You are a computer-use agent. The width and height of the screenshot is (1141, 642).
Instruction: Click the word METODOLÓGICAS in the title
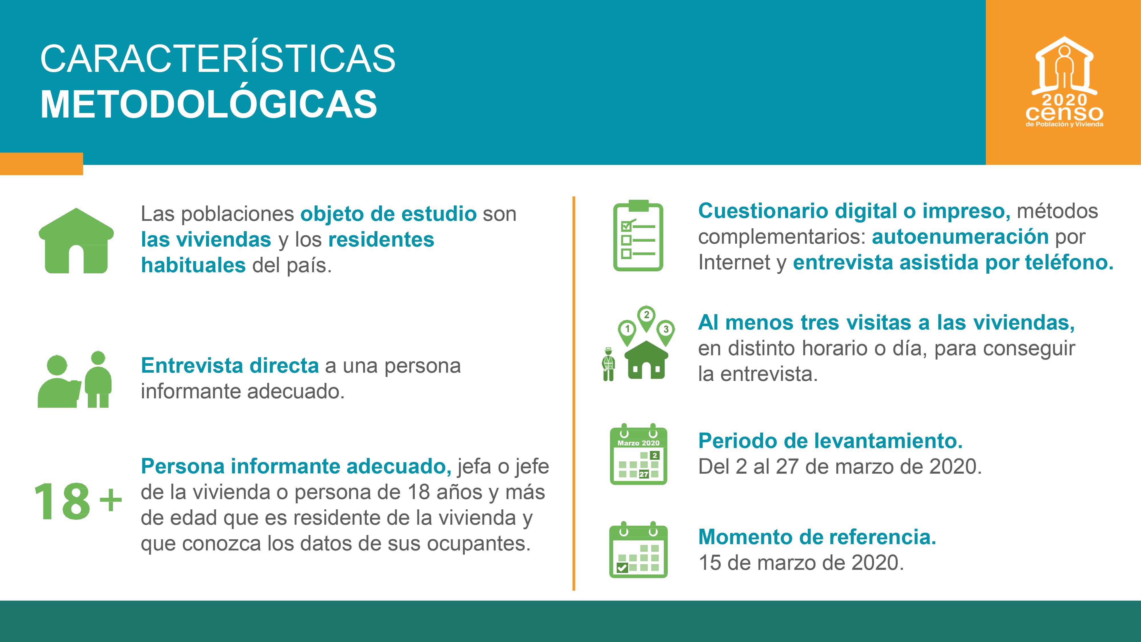(209, 104)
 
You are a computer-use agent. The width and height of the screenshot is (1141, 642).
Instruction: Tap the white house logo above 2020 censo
(1064, 66)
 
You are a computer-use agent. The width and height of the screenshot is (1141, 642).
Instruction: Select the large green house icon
(76, 241)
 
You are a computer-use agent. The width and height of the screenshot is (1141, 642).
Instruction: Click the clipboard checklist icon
(638, 237)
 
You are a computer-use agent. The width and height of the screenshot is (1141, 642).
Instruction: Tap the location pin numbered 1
(627, 330)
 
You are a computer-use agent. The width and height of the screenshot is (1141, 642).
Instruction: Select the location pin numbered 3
(666, 330)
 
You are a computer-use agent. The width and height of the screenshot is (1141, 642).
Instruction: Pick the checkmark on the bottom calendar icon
(622, 568)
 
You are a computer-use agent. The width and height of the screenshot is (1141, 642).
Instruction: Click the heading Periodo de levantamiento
(830, 441)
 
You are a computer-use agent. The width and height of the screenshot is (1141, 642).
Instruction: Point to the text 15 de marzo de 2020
(801, 563)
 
